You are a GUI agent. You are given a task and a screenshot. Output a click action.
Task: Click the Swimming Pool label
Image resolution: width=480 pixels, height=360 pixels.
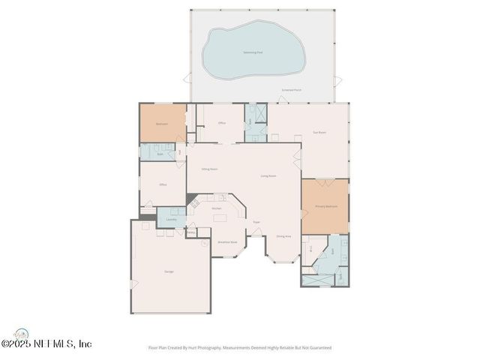point(253,52)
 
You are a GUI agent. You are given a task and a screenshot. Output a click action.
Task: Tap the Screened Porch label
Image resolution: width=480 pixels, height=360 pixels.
point(292,90)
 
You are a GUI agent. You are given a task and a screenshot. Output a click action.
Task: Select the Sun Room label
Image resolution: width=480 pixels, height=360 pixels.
point(319,132)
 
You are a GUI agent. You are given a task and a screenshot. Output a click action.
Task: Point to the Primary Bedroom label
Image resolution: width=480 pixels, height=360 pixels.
point(325,206)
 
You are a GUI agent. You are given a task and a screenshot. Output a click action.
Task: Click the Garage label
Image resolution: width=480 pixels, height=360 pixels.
point(169,271)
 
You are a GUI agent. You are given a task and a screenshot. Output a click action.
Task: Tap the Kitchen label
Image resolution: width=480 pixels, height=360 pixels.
point(216,208)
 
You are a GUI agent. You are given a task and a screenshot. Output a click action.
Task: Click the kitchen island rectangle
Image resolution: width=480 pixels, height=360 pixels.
point(220,219)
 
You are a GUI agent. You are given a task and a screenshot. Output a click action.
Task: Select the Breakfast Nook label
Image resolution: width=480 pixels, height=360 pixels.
point(227,242)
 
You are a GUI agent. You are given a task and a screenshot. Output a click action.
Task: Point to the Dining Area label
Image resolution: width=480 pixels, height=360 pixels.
point(283,236)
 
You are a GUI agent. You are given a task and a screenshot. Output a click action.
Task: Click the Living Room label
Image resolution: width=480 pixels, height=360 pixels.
point(268,176)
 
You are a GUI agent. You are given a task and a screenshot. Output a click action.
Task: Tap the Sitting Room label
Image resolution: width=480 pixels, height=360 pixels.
point(209,169)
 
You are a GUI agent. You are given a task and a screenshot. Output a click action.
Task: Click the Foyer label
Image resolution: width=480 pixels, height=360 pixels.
point(256,222)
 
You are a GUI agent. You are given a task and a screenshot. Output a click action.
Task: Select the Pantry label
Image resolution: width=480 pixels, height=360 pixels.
point(190,232)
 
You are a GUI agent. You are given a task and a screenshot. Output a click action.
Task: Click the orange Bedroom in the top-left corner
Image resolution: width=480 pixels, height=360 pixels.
point(161,123)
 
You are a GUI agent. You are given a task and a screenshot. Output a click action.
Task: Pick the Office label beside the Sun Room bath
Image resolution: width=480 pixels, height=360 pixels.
point(222,123)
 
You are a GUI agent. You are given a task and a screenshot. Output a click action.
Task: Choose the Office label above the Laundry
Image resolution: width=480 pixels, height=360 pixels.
point(163,184)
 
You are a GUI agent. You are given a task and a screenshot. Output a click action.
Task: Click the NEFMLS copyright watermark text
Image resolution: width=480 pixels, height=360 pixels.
point(46,344)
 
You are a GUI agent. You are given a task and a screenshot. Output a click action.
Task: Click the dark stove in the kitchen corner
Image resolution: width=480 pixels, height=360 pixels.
point(193,202)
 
